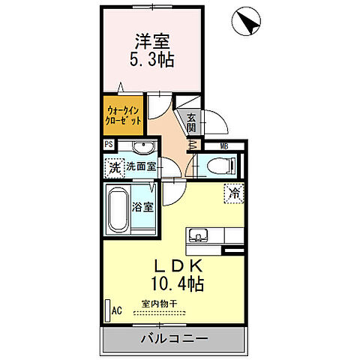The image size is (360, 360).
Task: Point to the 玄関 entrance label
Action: point(191,122)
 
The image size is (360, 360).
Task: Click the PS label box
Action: point(109,145)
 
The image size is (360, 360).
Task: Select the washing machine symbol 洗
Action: point(114,167)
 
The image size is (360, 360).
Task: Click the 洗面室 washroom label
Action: point(141,166)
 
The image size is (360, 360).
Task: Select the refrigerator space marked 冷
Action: point(233,192)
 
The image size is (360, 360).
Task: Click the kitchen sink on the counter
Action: point(200,235)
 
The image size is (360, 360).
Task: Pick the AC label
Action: point(116,309)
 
